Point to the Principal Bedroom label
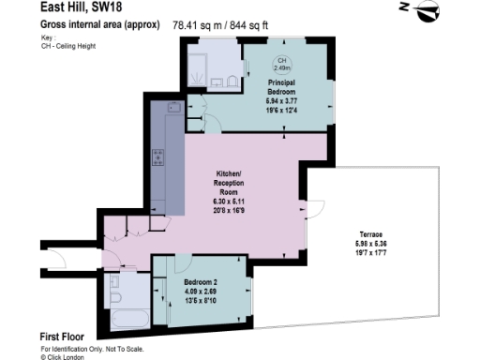click(x=281, y=84)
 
